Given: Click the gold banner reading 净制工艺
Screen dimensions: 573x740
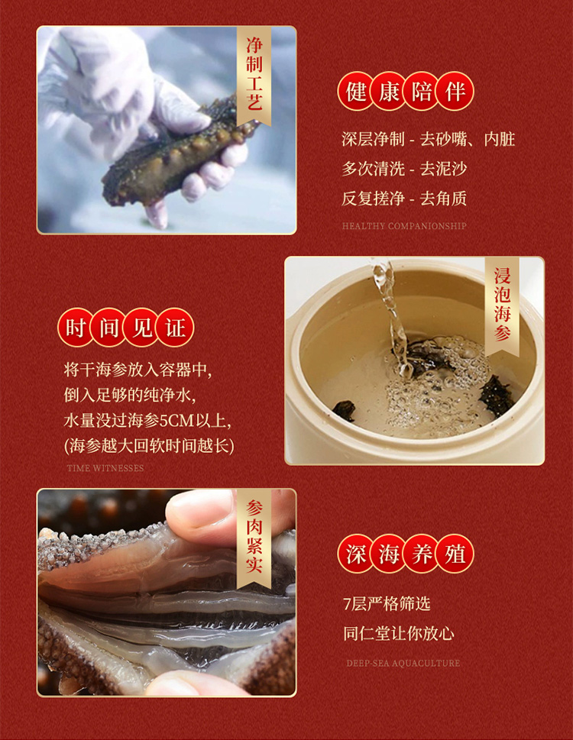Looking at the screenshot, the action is tap(254, 75).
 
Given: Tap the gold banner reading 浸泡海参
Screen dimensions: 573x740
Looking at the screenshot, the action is tap(502, 305).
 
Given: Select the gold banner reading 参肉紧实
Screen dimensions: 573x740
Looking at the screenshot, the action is tap(254, 538).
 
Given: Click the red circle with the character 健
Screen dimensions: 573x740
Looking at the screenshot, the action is tap(356, 91).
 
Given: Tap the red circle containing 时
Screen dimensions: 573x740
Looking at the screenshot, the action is tap(76, 327).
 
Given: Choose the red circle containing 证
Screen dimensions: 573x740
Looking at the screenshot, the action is tap(175, 327).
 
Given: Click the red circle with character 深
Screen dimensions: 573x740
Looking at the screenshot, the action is tap(356, 554).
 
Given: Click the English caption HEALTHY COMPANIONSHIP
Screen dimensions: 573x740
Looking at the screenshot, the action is tap(404, 226).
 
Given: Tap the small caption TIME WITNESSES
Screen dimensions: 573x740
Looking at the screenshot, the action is tap(105, 468).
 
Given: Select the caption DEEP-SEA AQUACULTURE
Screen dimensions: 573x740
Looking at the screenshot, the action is tap(403, 663).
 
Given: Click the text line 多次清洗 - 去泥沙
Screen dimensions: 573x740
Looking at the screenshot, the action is tap(404, 169).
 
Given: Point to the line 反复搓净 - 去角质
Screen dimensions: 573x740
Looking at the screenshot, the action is tap(404, 199).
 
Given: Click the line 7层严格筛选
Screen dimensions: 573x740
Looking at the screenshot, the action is tap(387, 603).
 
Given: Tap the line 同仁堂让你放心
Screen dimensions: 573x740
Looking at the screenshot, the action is tap(399, 633).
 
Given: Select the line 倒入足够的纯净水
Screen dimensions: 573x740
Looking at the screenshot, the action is tap(130, 395).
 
